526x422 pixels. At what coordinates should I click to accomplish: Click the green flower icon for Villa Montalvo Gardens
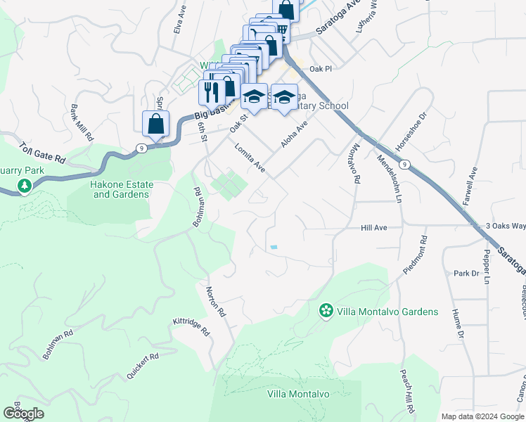click(x=326, y=310)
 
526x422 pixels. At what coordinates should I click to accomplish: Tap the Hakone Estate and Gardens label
click(x=122, y=189)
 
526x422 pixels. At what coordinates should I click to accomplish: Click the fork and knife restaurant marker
click(x=210, y=91)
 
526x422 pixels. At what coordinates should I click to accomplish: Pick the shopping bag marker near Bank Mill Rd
click(x=155, y=124)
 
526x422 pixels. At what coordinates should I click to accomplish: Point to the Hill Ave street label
click(x=373, y=228)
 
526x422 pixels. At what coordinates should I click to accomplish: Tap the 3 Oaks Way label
click(x=506, y=226)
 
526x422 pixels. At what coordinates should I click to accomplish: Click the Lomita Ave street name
click(x=250, y=158)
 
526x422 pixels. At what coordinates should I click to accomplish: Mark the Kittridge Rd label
click(x=191, y=326)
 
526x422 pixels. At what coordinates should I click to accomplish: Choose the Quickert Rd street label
click(x=143, y=366)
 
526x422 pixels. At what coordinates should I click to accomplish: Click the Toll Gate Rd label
click(x=42, y=153)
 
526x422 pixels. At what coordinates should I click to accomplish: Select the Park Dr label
click(x=466, y=273)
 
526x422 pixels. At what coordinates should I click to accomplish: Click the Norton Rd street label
click(x=216, y=301)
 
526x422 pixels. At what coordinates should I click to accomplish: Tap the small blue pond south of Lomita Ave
click(x=274, y=247)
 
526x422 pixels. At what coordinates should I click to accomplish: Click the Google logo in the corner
click(x=23, y=414)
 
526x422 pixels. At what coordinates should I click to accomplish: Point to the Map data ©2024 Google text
click(x=482, y=416)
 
